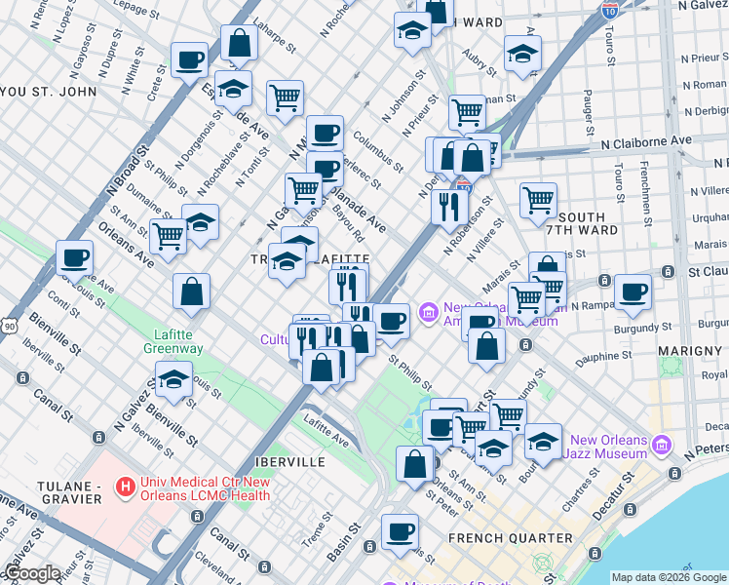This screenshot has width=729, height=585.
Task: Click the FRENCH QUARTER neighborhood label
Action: pos(510,538)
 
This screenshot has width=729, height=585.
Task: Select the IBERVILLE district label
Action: pos(281,460)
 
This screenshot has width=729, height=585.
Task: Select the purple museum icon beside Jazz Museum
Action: pos(662,446)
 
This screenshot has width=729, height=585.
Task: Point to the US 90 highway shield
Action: pos(9,323)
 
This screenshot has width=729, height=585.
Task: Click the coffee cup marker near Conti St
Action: pos(75,259)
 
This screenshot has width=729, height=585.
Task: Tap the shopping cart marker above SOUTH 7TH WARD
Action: pos(538,200)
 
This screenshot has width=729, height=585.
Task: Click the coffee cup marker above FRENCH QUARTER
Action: pos(399,532)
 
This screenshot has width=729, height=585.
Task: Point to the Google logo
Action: pos(32,574)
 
